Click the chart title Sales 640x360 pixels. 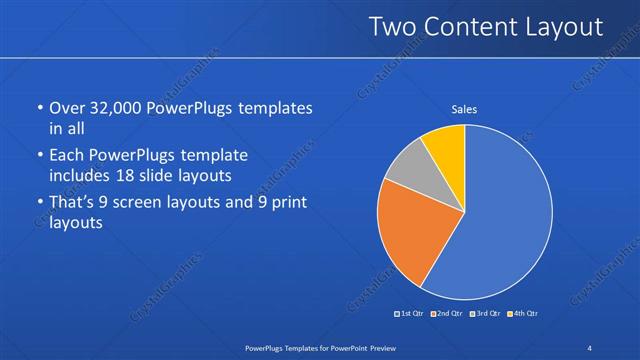(x=464, y=109)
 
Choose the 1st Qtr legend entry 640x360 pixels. (x=410, y=314)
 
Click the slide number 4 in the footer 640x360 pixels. (x=590, y=347)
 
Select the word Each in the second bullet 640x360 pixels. (x=68, y=155)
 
